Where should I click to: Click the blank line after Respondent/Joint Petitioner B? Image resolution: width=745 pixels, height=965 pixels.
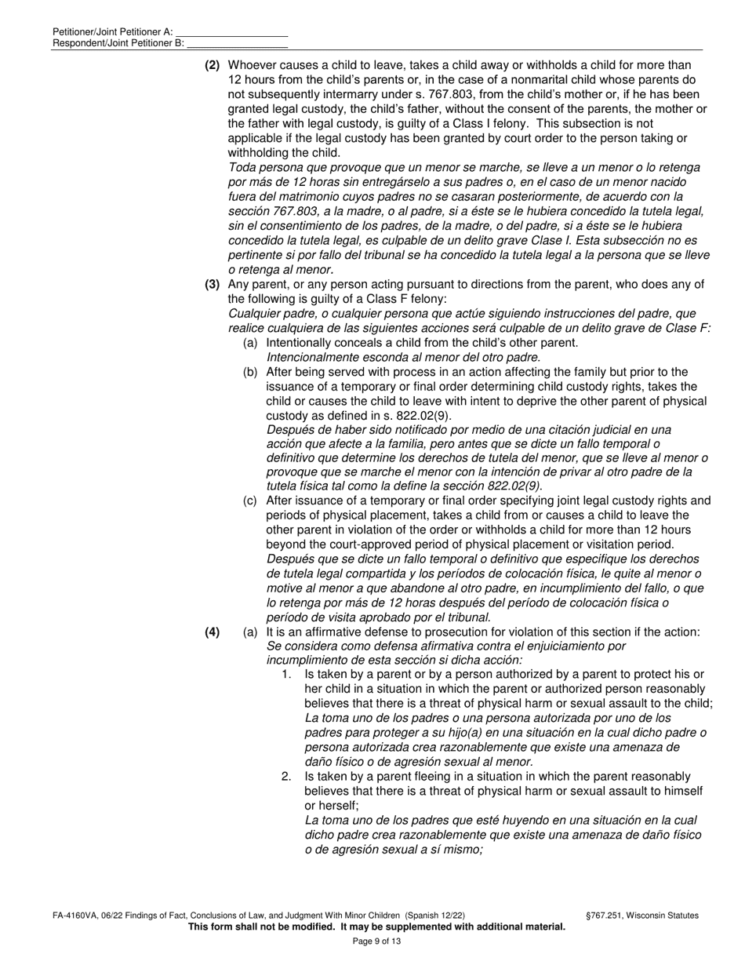pyautogui.click(x=237, y=43)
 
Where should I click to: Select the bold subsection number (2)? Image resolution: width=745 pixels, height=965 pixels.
pyautogui.click(x=213, y=65)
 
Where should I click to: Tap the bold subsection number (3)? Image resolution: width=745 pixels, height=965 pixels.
pyautogui.click(x=213, y=284)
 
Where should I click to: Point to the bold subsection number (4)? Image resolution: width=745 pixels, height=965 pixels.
pyautogui.click(x=213, y=632)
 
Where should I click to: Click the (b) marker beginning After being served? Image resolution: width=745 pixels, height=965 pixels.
pyautogui.click(x=250, y=372)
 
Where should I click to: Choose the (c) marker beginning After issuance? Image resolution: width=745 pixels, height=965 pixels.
pyautogui.click(x=250, y=501)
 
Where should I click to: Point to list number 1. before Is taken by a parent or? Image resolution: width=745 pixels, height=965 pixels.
pyautogui.click(x=286, y=675)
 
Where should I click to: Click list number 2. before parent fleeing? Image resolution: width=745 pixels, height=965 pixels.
pyautogui.click(x=286, y=777)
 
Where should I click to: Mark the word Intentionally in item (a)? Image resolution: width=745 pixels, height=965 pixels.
pyautogui.click(x=301, y=343)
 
